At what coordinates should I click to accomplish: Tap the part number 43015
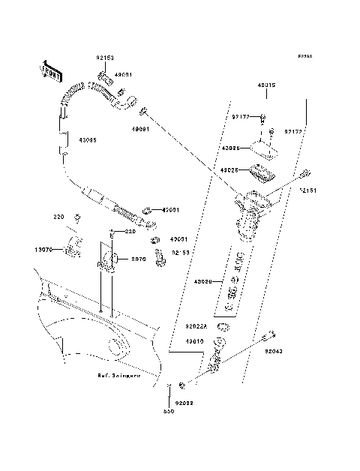(266, 85)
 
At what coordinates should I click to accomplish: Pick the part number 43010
(195, 341)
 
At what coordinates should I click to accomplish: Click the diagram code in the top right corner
(304, 57)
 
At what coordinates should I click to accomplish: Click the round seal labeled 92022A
(223, 327)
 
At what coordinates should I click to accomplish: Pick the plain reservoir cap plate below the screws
(264, 149)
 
